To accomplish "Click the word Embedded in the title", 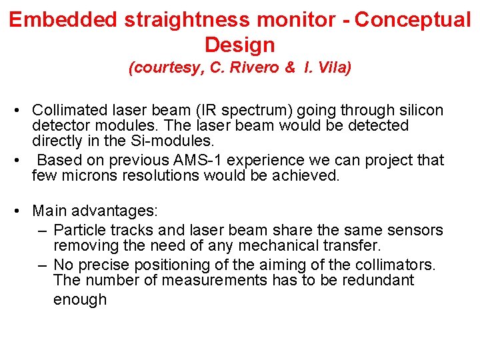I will point(63,20).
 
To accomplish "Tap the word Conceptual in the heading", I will point(413,20).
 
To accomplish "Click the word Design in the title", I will point(239,45).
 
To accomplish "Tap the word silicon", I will point(418,110).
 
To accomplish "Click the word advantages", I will point(112,211).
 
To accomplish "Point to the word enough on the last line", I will point(79,300).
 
